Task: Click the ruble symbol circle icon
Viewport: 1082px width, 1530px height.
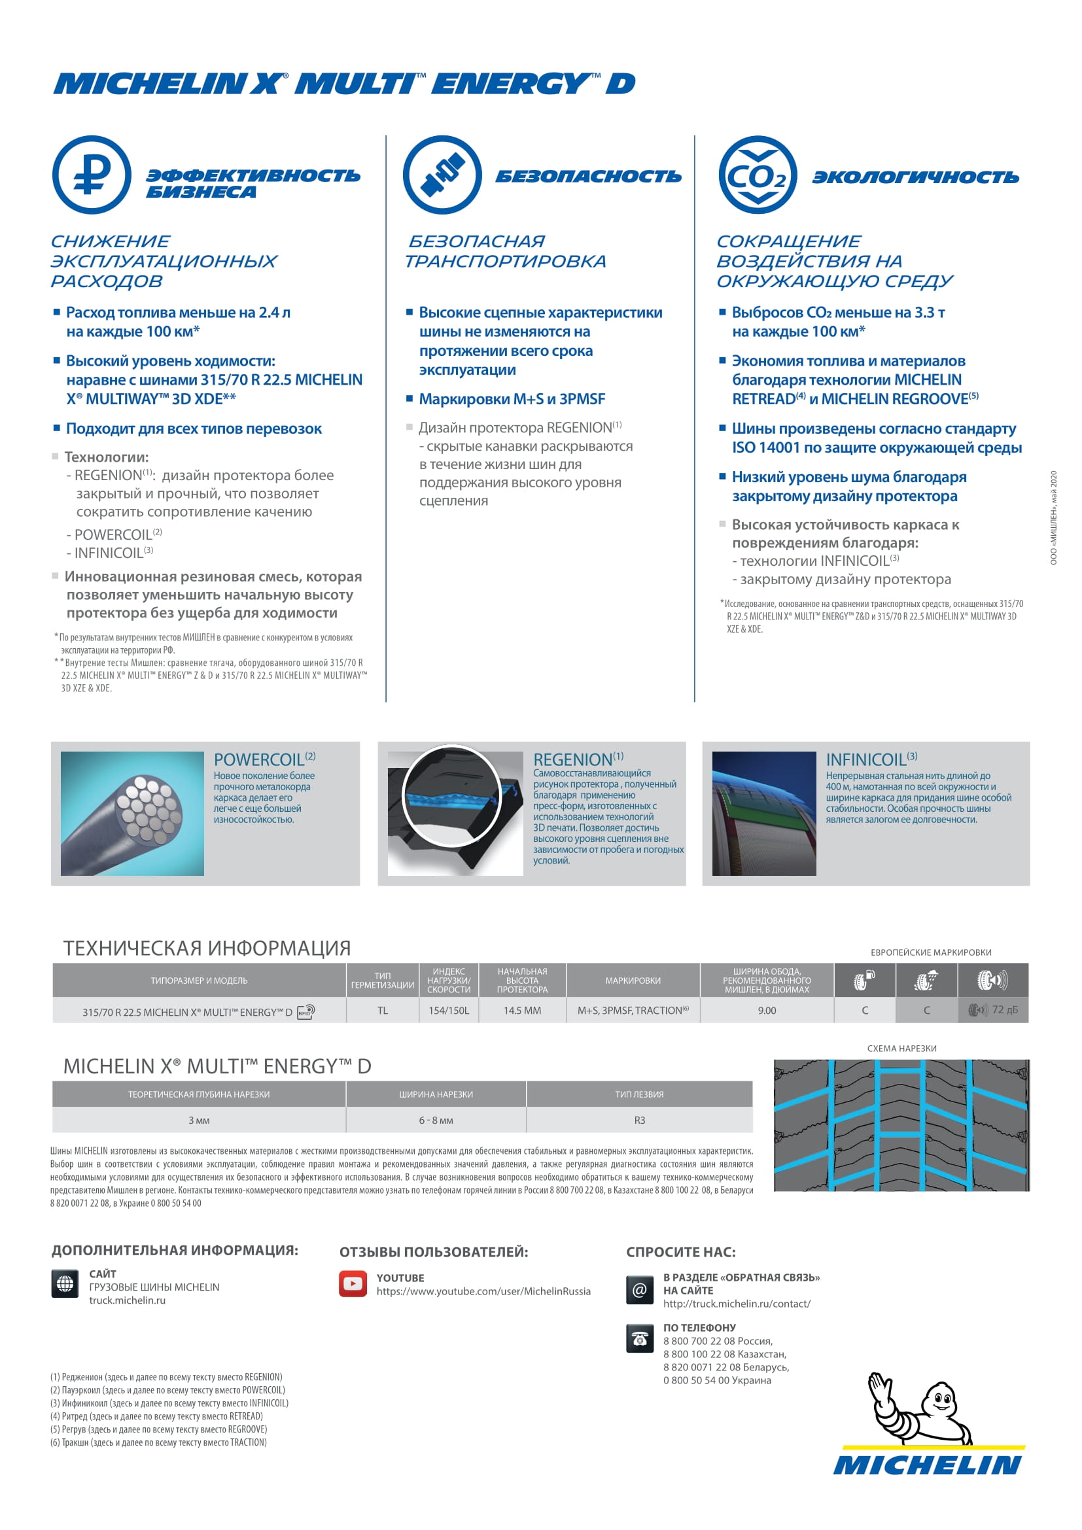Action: [x=92, y=175]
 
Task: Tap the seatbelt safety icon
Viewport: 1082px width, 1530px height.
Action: [x=442, y=175]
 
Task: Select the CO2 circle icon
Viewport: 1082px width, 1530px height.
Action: [x=758, y=175]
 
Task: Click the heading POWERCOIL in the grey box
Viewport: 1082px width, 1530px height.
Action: [x=259, y=759]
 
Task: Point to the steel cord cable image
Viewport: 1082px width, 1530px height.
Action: [x=132, y=813]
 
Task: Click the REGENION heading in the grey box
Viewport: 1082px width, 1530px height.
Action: [x=573, y=759]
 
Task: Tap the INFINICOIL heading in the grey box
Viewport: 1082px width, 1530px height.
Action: [x=866, y=759]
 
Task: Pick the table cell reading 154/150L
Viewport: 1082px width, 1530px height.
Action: [x=448, y=1011]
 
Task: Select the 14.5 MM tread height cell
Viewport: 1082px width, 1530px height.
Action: [x=522, y=1011]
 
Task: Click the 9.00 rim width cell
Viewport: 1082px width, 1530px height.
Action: [x=767, y=1011]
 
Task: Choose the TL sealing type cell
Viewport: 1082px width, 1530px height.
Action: [x=383, y=1011]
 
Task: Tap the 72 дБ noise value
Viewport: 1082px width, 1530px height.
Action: [x=1004, y=1010]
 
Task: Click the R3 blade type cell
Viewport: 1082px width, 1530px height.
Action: [x=640, y=1120]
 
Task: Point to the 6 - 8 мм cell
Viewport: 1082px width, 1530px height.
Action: [x=436, y=1120]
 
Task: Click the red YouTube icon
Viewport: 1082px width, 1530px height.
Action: [x=353, y=1283]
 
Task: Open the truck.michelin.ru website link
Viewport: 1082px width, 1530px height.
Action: [x=128, y=1300]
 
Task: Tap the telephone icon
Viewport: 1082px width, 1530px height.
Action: [x=640, y=1339]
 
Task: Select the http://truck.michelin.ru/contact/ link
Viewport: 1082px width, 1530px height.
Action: [x=737, y=1304]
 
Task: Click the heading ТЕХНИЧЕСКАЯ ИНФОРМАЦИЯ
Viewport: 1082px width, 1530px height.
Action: [x=207, y=948]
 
